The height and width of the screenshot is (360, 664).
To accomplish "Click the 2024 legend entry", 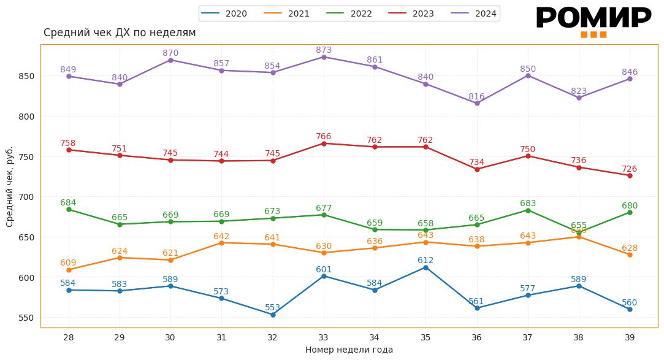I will tap(475, 13).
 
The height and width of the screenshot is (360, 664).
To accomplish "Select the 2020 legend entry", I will tap(224, 13).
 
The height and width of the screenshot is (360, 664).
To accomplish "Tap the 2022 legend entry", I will tap(349, 13).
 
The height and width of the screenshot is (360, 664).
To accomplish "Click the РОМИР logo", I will tap(593, 20).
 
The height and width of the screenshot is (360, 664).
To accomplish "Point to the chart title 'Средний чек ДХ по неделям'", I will tap(120, 33).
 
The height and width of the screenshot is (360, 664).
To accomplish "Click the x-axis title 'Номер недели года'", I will tap(349, 350).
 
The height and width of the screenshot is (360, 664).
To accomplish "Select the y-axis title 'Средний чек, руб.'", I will tap(10, 186).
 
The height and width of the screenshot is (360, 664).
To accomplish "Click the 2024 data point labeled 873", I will tap(324, 57).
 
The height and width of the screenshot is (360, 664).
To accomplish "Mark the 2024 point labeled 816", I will tap(477, 103).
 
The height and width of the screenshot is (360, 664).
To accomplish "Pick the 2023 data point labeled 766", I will tap(324, 144).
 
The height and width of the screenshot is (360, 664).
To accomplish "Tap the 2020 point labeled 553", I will tap(273, 315).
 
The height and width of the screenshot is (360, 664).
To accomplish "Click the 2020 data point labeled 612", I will tap(425, 267).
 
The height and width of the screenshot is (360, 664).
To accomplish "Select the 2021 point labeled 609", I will tap(69, 270).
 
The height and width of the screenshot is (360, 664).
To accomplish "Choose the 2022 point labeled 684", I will tap(69, 210).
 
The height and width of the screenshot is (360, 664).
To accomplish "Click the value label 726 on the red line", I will tap(630, 169).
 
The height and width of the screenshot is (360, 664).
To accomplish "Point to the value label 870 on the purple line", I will tap(170, 53).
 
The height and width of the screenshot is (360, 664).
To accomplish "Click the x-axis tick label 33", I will tap(324, 337).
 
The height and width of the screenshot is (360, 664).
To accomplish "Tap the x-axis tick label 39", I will tap(630, 337).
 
